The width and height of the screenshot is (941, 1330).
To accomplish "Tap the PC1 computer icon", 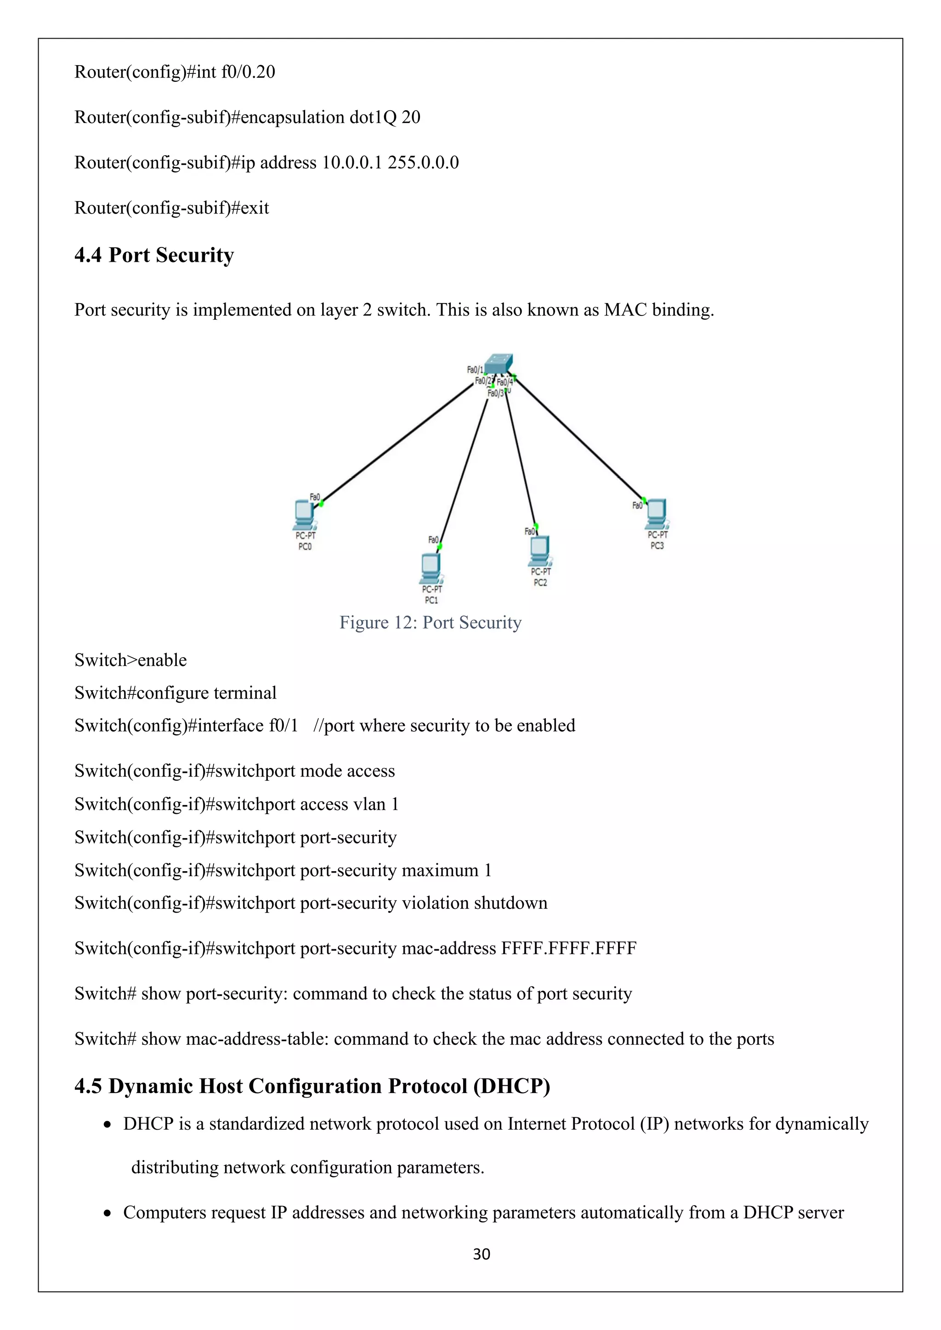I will (431, 568).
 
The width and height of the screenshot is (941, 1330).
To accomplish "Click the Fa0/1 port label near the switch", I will (475, 370).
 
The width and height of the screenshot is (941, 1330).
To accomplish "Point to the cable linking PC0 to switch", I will (397, 443).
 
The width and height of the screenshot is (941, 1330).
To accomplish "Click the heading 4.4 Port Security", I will (154, 255).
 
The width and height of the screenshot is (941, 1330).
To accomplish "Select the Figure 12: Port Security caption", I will (431, 622).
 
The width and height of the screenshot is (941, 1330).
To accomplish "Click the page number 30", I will (482, 1254).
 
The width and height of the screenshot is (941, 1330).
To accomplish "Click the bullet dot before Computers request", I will (107, 1213).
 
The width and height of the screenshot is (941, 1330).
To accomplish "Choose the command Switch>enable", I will (130, 660).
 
